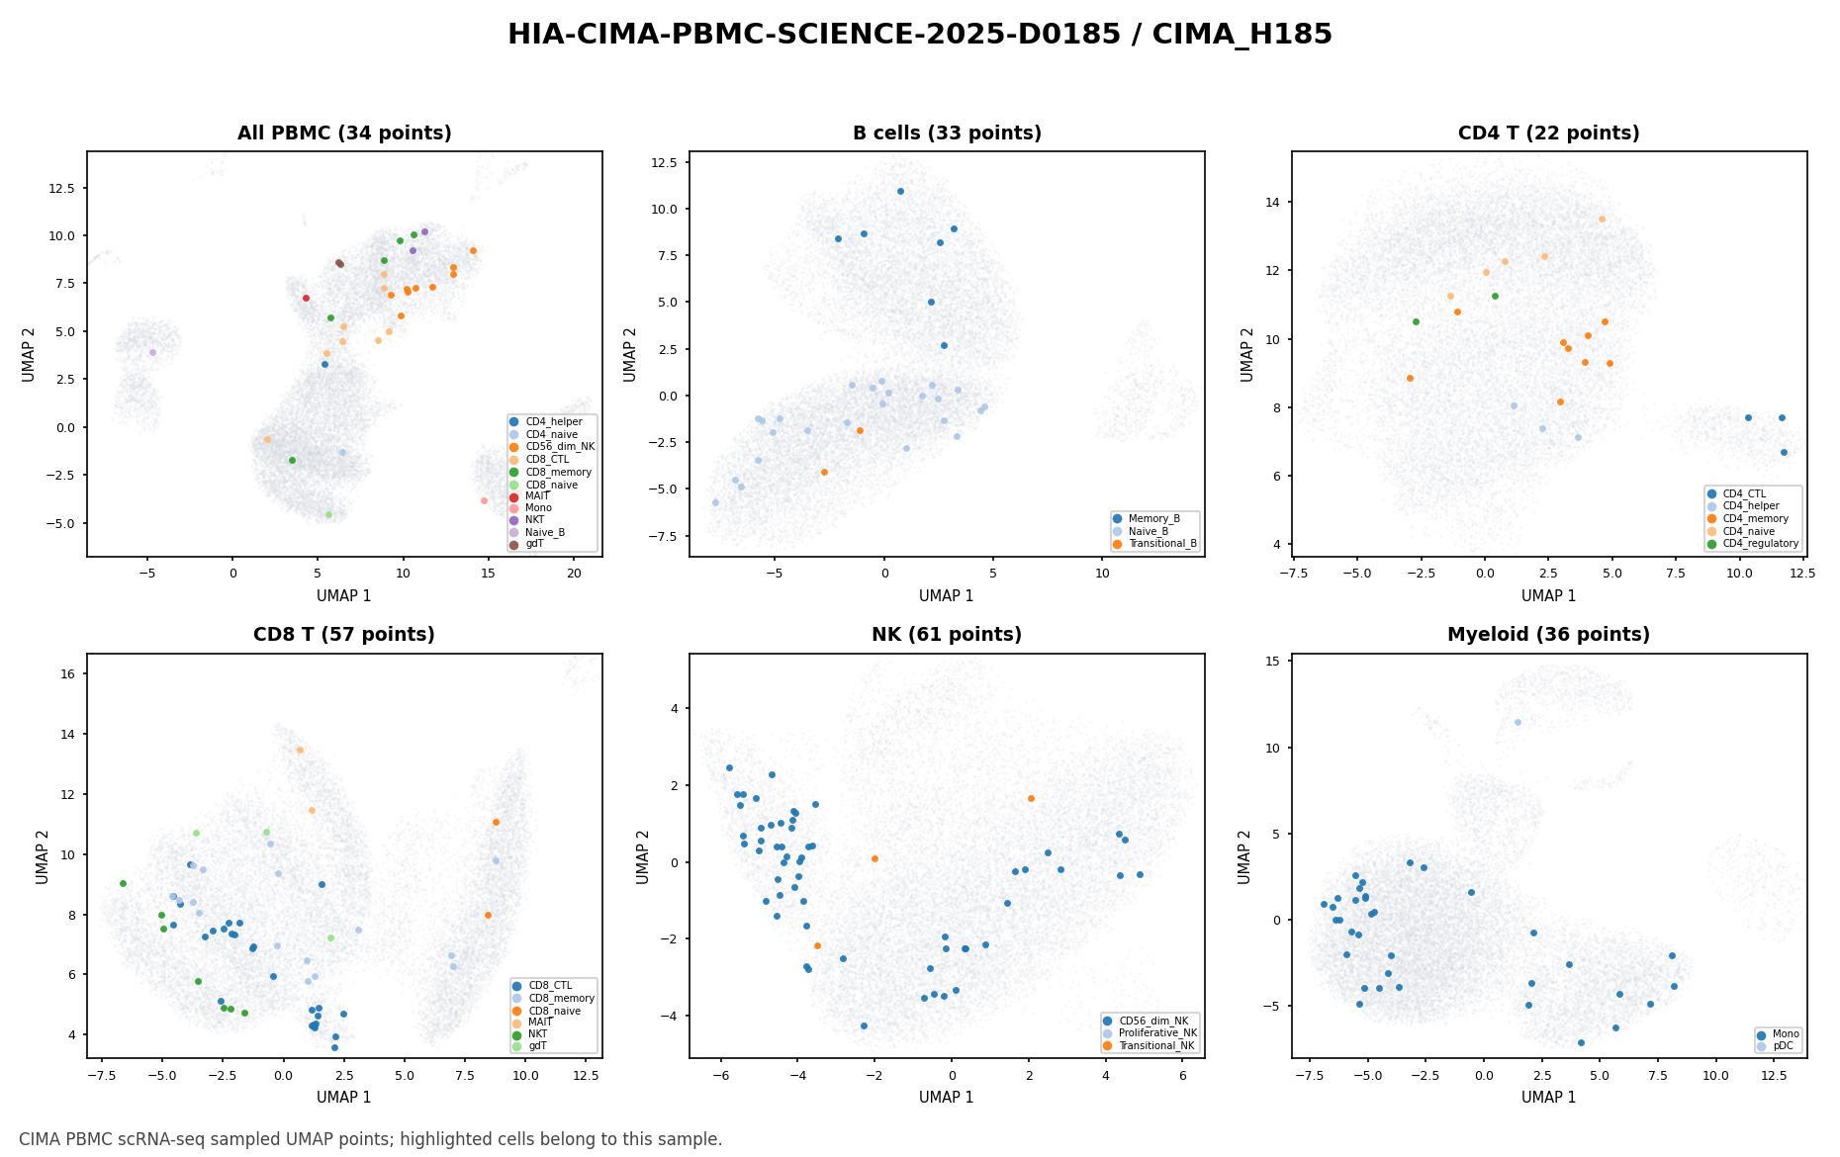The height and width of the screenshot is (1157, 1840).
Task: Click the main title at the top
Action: click(x=920, y=35)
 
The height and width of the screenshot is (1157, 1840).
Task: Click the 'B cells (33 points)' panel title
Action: click(x=947, y=133)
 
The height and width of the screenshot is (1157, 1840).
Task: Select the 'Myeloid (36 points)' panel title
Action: click(x=1548, y=635)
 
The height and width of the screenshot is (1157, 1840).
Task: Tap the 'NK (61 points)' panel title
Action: click(x=947, y=635)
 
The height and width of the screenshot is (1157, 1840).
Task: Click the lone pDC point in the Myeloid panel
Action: click(x=1518, y=722)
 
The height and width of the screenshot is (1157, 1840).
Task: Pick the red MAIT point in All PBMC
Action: click(x=306, y=298)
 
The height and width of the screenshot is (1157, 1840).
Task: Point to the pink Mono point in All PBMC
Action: click(x=484, y=500)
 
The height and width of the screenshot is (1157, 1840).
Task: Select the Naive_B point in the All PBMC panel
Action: click(x=152, y=352)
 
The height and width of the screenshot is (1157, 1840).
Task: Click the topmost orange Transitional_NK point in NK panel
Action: click(x=1031, y=798)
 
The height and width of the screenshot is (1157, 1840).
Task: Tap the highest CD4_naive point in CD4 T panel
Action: click(x=1602, y=219)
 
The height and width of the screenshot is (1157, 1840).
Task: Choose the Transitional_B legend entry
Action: click(x=1155, y=544)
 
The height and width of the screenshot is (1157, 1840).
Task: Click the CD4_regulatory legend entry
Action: click(x=1752, y=543)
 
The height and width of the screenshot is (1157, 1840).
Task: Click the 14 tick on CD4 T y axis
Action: click(x=1273, y=202)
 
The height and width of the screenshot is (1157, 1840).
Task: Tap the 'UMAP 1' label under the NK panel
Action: click(x=947, y=1097)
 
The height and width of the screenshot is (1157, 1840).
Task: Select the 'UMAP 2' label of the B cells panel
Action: click(x=630, y=354)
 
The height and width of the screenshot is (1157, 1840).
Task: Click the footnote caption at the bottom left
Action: click(x=371, y=1139)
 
